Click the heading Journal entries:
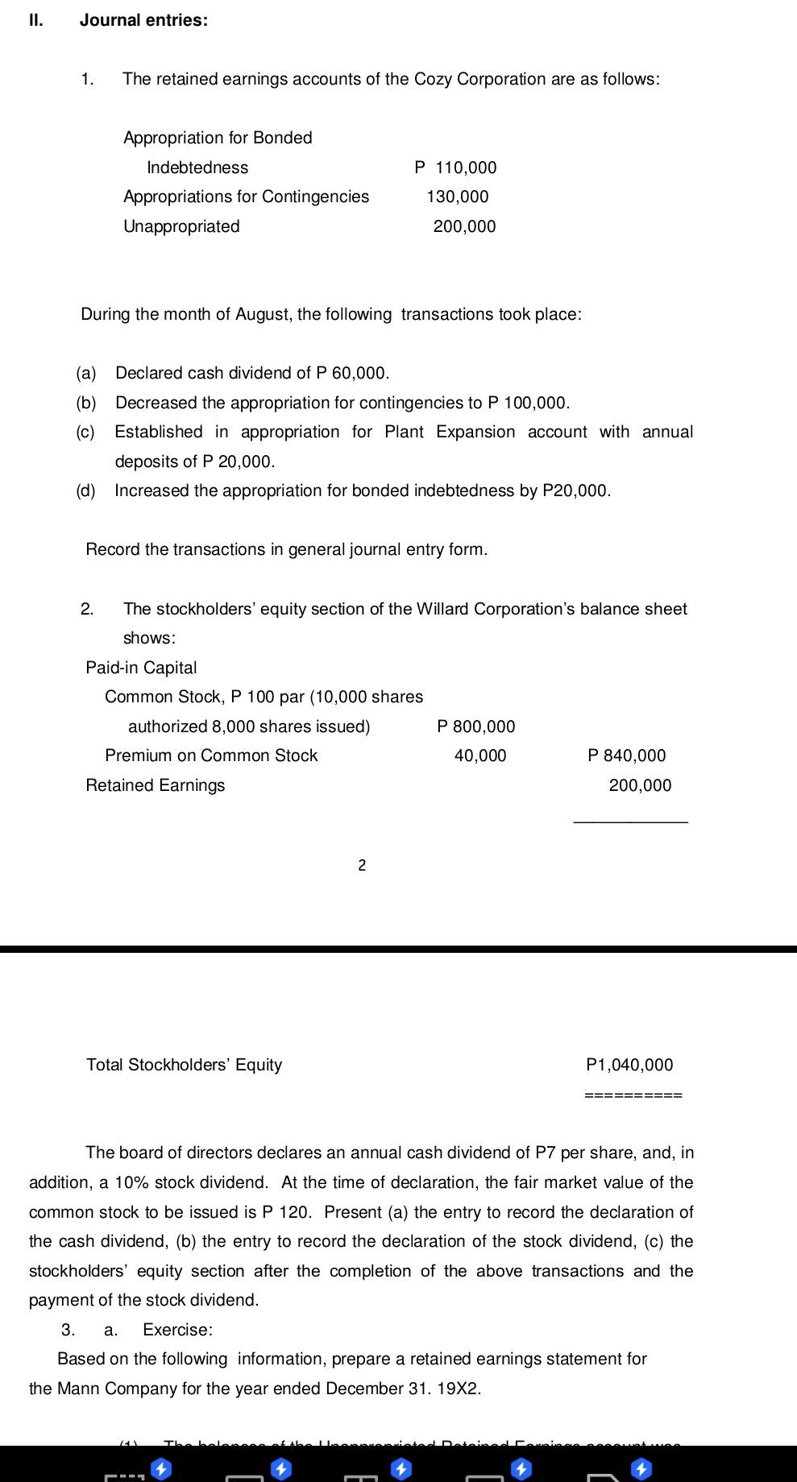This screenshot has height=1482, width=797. (x=143, y=21)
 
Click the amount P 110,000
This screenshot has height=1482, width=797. (x=455, y=168)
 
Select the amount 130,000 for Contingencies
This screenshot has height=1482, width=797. (x=458, y=197)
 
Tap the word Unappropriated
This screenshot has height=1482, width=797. (x=181, y=226)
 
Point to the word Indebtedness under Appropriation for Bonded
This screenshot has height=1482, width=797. (x=197, y=168)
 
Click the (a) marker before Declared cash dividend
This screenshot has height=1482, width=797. (x=86, y=373)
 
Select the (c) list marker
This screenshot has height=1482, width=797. (x=85, y=432)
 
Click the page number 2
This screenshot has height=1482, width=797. (x=362, y=866)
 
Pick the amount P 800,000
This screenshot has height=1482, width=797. (x=475, y=727)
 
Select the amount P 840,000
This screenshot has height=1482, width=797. (x=627, y=755)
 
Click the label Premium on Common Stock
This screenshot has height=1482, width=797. (x=211, y=755)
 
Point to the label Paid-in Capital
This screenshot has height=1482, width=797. (x=141, y=668)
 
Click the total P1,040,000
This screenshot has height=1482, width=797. (x=629, y=1065)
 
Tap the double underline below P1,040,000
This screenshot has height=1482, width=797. (x=633, y=1095)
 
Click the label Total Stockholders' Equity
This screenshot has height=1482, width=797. (x=184, y=1065)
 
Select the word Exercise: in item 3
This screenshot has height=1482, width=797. (x=177, y=1330)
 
